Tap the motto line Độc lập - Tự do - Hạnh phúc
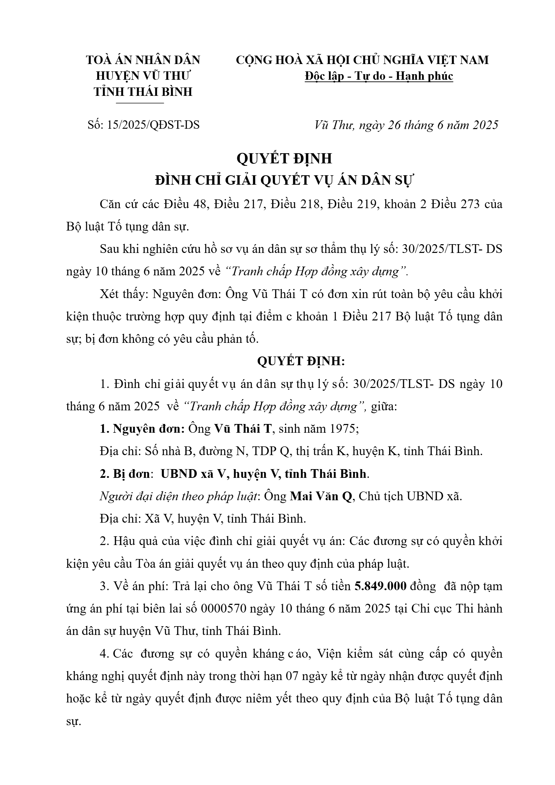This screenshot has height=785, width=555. [379, 76]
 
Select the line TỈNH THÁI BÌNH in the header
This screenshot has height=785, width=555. [143, 92]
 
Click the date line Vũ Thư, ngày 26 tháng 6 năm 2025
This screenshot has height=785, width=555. [406, 125]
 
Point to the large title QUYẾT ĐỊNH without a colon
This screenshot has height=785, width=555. [284, 158]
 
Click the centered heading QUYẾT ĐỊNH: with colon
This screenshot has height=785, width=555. [301, 361]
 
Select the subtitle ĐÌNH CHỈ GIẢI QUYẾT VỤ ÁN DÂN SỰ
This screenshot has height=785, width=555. [284, 181]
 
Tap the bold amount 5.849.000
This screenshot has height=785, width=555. [380, 586]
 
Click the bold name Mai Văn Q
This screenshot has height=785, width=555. [321, 496]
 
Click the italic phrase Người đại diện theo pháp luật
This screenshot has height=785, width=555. [178, 496]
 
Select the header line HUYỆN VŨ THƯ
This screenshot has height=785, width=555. [143, 76]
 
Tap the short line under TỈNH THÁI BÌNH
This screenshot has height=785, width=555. [140, 103]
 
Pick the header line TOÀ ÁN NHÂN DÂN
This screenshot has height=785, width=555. [143, 60]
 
